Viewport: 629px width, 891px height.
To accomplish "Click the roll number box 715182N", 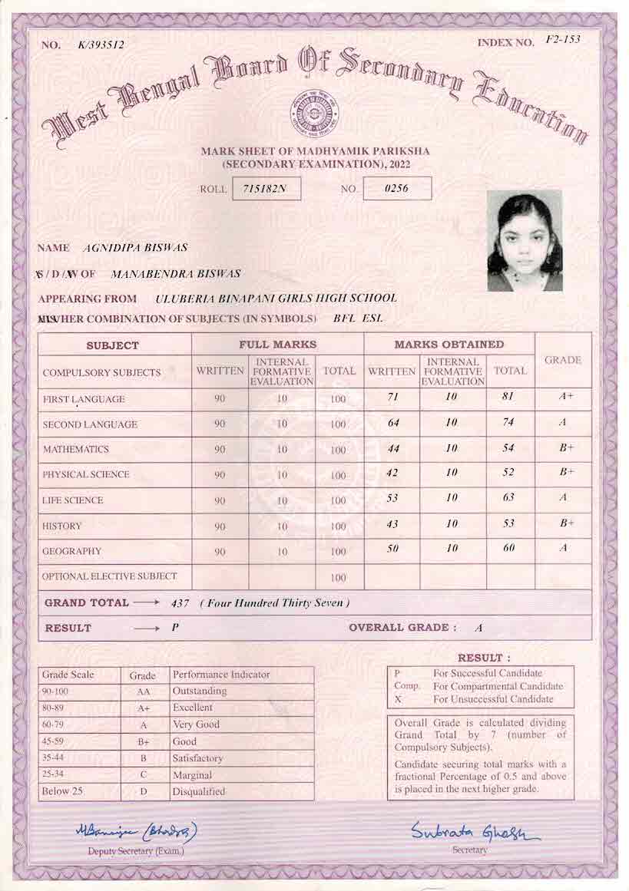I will [265, 189].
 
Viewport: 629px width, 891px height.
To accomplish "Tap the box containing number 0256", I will [396, 188].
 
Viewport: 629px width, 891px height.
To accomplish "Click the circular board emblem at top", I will [312, 114].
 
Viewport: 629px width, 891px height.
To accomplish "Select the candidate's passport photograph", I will [525, 240].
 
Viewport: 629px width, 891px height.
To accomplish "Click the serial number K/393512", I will [101, 45].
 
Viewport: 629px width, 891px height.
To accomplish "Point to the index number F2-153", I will [562, 40].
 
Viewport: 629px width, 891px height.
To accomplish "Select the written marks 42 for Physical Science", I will [392, 473].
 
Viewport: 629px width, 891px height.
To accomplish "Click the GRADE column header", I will [562, 360].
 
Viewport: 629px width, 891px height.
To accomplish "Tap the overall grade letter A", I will [478, 629].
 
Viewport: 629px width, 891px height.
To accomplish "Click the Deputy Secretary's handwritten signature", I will [137, 831].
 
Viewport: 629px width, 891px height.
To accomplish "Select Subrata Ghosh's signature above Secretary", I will [475, 832].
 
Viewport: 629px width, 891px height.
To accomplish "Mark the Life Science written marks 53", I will [392, 498].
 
